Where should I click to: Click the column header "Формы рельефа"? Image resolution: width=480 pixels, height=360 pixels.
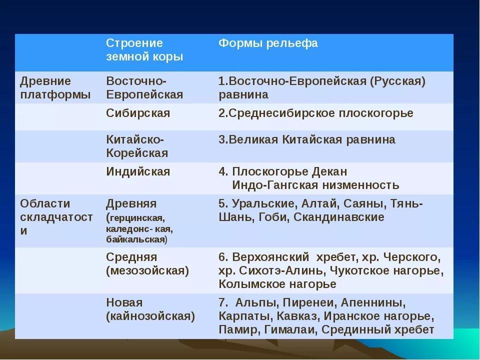[268, 43]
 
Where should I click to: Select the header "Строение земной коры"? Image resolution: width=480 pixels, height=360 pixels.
[144, 50]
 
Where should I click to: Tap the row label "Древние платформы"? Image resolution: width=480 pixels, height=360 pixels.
[55, 87]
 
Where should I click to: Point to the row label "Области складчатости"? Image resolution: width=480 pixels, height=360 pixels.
[56, 216]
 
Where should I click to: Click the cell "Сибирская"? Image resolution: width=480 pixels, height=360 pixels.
[138, 113]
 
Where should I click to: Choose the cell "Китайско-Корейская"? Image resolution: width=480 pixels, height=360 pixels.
[137, 146]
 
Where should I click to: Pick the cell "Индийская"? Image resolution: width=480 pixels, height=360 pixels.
[138, 171]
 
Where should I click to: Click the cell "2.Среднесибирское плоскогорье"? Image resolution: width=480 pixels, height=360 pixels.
[316, 113]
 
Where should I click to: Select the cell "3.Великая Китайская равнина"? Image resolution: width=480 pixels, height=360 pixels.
[307, 140]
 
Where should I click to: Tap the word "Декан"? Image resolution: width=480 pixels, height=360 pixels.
[329, 171]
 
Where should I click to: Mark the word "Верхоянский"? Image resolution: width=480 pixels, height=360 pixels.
[270, 257]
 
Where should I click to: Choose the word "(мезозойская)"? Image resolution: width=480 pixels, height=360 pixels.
[147, 271]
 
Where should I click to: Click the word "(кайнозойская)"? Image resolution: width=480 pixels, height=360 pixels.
[150, 316]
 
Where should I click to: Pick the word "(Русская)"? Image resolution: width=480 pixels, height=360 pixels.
[397, 81]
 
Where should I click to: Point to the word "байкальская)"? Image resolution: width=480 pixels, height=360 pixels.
[137, 239]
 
